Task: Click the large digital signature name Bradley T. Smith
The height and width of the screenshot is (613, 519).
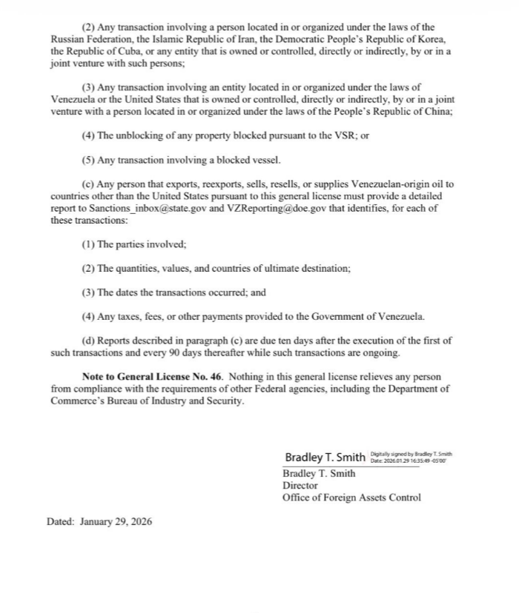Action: coord(325,457)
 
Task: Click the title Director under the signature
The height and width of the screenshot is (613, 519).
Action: coord(300,486)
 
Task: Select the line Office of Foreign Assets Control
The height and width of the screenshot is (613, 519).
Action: coord(351,498)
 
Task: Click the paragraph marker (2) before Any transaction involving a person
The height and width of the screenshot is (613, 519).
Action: coord(88,27)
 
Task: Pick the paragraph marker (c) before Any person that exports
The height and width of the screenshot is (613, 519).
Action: coord(88,184)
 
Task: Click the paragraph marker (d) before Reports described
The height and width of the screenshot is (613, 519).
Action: coord(88,341)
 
